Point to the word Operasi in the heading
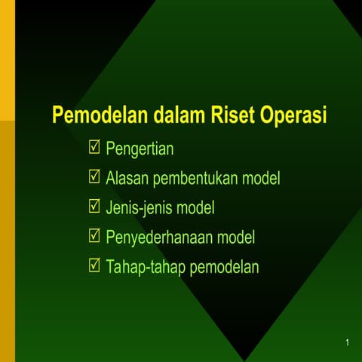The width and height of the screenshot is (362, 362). (294, 117)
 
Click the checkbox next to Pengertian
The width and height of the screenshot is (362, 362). (94, 147)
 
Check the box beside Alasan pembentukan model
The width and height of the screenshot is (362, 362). (94, 177)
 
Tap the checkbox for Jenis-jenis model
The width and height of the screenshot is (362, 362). (94, 207)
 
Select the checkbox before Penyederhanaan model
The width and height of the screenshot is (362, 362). (94, 236)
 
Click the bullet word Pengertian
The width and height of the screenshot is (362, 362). (140, 149)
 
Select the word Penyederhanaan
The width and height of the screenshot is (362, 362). (159, 238)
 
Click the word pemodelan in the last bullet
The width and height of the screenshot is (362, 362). (224, 267)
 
